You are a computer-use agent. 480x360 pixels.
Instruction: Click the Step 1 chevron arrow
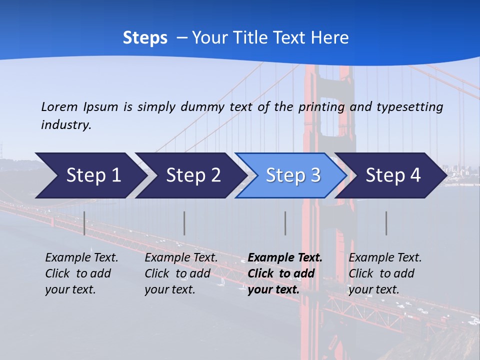(90, 175)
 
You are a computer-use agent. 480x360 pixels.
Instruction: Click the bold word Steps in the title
(145, 38)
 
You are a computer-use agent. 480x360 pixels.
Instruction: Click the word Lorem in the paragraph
(59, 106)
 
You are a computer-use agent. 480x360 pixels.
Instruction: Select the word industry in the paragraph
(66, 125)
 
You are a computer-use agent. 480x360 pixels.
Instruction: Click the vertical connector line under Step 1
(84, 223)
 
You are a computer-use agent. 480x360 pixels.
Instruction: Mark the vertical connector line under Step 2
(184, 223)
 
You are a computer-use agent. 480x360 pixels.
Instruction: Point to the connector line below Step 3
(285, 223)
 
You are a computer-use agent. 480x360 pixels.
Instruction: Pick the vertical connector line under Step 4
(386, 223)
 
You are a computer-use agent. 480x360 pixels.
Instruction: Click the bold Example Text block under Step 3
(284, 273)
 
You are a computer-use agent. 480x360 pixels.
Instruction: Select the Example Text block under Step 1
(81, 273)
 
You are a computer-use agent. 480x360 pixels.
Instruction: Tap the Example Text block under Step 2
(181, 273)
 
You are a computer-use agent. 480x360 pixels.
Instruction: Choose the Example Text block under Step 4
(385, 273)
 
